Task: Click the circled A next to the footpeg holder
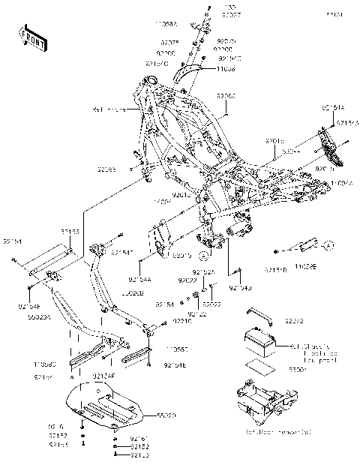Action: click(327, 244)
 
